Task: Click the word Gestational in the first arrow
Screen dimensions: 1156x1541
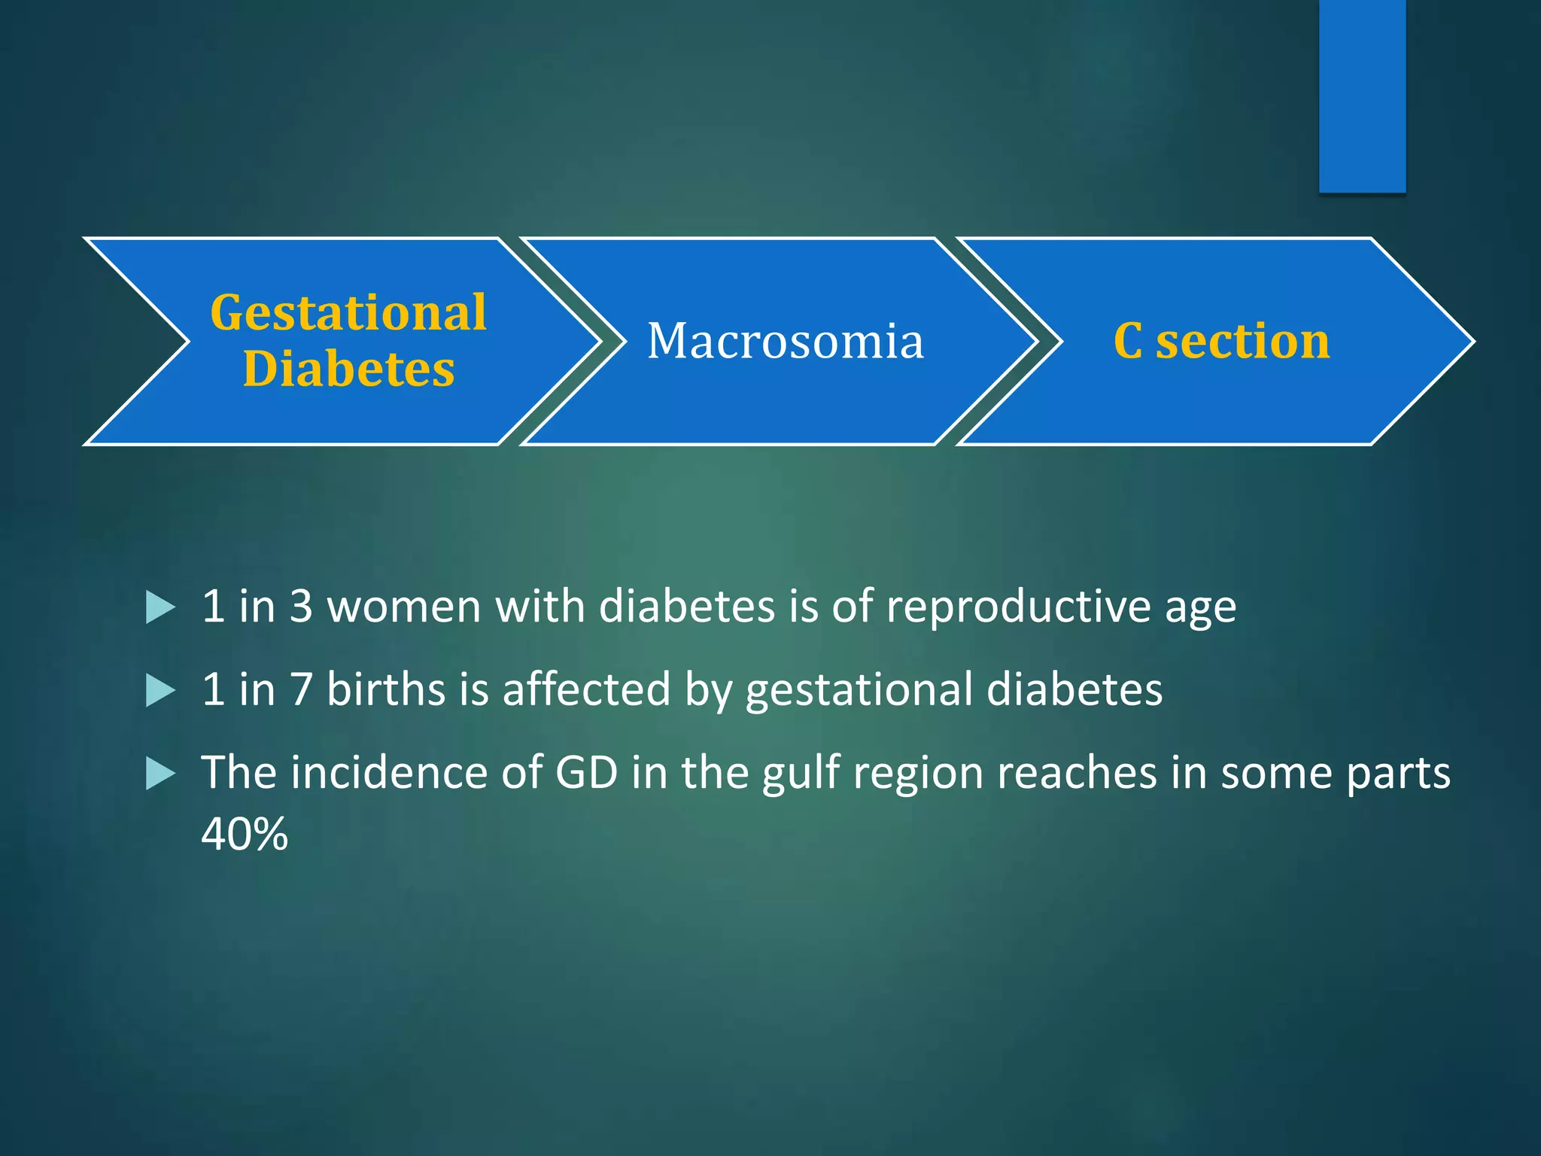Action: tap(348, 313)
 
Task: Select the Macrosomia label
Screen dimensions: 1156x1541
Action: tap(785, 341)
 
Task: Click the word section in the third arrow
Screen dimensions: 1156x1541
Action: tap(1242, 341)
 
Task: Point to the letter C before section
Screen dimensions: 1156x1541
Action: tap(1128, 341)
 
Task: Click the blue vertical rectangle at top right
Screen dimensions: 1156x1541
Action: tap(1362, 96)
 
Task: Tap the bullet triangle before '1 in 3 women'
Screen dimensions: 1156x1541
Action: tap(160, 607)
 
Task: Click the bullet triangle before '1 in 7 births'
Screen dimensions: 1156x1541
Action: tap(160, 690)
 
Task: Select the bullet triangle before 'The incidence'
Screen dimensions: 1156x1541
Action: tap(160, 774)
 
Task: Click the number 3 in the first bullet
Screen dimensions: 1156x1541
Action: tap(301, 607)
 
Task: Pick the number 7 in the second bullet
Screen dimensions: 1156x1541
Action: tap(301, 689)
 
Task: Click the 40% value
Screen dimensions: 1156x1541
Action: tap(245, 834)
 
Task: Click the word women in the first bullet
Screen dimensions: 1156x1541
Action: tap(404, 607)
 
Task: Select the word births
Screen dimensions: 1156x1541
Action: tap(387, 689)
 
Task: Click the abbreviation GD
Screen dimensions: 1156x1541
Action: tap(586, 773)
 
